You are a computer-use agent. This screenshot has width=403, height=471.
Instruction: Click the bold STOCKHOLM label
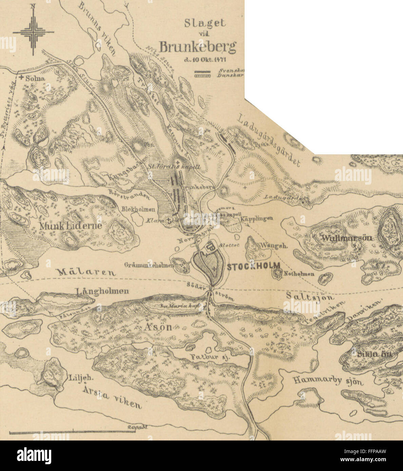253,266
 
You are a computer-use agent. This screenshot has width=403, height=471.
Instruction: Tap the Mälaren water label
86,271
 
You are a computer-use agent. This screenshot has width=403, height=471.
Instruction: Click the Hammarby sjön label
328,381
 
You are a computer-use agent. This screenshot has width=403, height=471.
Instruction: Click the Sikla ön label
374,355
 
